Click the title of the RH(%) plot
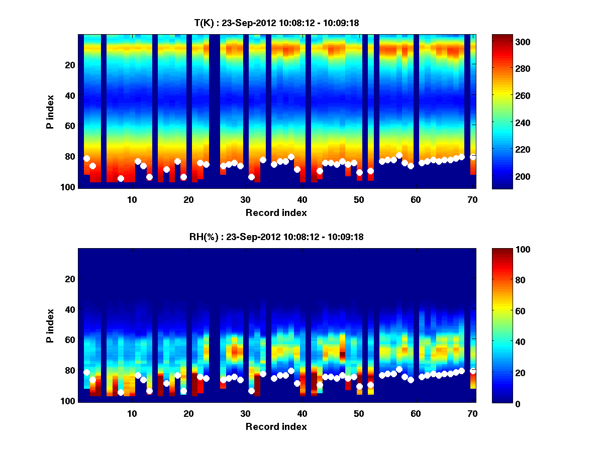click(273, 237)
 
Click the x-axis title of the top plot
click(276, 212)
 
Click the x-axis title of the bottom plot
click(276, 426)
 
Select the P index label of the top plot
click(50, 111)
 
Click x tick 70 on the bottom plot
click(472, 413)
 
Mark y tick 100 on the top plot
click(69, 187)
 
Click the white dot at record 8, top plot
click(121, 178)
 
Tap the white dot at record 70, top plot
click(473, 157)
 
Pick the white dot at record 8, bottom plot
click(121, 392)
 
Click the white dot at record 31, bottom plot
click(251, 391)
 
